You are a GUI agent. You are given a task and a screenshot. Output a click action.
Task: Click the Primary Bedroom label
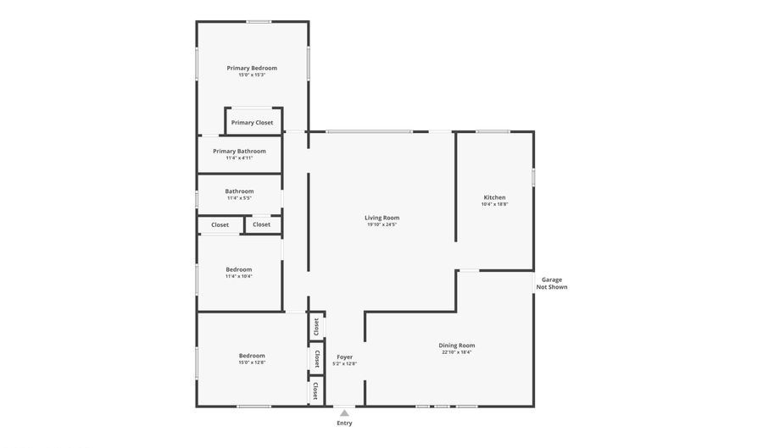(x=252, y=68)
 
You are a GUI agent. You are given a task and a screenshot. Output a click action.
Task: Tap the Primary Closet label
(x=253, y=123)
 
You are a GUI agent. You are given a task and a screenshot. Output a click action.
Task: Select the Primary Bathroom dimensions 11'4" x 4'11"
(x=239, y=158)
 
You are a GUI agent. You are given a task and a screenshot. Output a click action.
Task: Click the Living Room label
(x=382, y=218)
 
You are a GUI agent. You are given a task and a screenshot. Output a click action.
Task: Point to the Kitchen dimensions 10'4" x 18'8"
(x=494, y=204)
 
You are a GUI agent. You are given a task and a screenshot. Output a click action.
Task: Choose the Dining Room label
(x=456, y=345)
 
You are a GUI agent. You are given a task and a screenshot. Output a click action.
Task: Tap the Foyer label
(x=344, y=357)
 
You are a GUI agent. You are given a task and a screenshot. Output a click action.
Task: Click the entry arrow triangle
(x=344, y=413)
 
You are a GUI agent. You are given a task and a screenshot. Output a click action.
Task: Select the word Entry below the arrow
(x=344, y=423)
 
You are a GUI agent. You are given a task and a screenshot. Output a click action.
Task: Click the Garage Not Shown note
(x=551, y=284)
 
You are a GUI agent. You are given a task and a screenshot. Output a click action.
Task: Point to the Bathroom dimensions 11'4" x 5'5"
(x=239, y=198)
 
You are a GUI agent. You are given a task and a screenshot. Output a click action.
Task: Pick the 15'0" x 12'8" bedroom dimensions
(x=252, y=362)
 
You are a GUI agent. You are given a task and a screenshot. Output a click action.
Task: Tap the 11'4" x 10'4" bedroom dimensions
(x=239, y=276)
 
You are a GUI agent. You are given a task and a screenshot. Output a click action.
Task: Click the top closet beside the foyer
(x=316, y=325)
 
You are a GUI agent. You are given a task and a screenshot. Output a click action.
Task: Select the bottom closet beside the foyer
(x=315, y=390)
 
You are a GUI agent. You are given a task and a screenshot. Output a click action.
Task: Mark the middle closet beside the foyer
(x=316, y=358)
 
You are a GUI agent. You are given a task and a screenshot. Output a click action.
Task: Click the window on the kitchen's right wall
(x=533, y=177)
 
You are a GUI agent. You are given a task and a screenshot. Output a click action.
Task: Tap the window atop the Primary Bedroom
(x=259, y=21)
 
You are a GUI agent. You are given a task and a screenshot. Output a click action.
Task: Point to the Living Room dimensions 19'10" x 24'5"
(x=382, y=224)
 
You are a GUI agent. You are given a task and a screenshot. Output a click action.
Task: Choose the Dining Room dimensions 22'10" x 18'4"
(x=456, y=352)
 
